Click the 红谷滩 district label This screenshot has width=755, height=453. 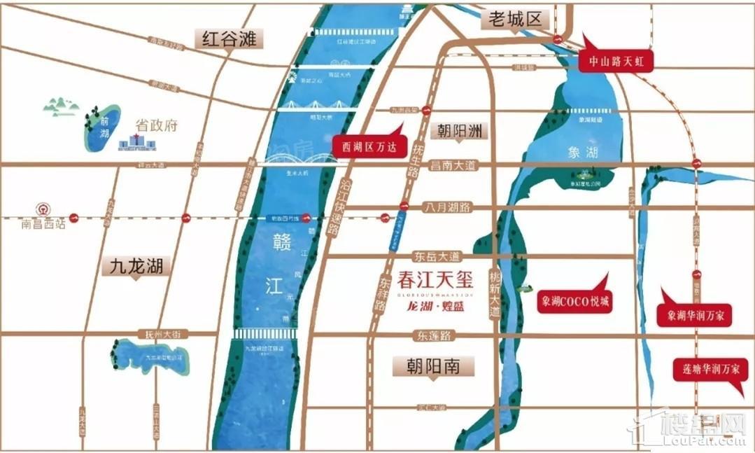tap(228, 37)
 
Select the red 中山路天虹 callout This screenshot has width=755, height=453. tap(616, 62)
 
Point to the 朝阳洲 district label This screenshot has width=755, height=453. tap(460, 131)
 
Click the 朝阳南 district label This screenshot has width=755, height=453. tap(432, 365)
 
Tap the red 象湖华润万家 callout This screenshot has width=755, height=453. tap(695, 316)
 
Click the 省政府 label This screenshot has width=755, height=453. tap(157, 127)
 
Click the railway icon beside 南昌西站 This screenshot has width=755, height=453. tap(43, 209)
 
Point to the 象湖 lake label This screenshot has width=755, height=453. tap(582, 152)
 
